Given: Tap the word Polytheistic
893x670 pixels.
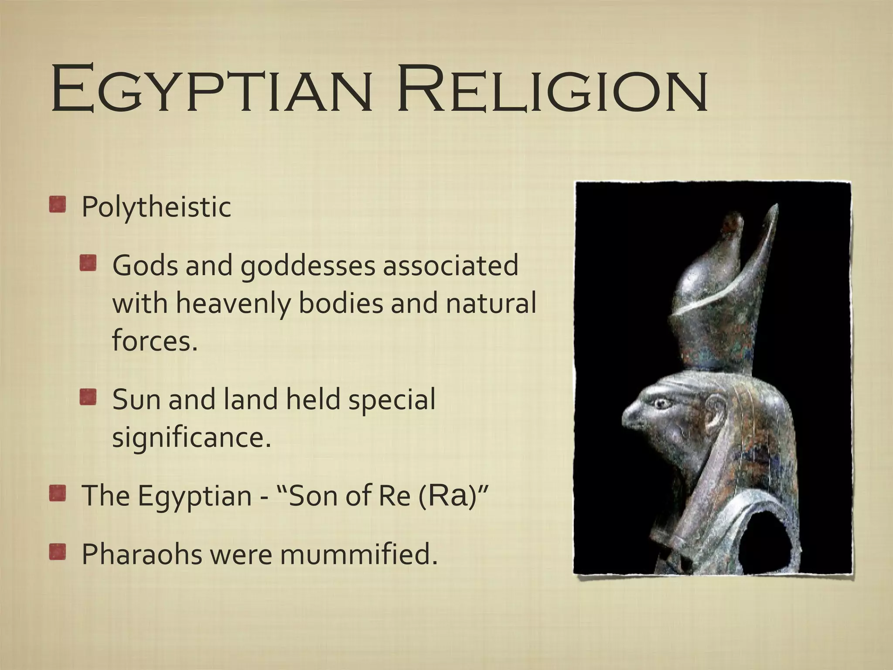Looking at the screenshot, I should (x=156, y=207).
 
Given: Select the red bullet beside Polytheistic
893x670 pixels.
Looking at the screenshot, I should (x=57, y=205).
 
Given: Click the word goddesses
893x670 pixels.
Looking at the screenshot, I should (x=308, y=265).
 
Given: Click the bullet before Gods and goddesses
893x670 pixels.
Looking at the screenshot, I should (x=88, y=263).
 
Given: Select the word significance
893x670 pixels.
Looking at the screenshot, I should (x=191, y=437).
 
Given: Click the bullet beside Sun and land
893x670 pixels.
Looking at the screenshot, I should (x=88, y=398).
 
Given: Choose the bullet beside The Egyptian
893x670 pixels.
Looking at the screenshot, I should (x=57, y=494).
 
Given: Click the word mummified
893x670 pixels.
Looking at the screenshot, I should (x=358, y=554).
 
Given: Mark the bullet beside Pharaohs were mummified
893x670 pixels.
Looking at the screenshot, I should (x=57, y=552).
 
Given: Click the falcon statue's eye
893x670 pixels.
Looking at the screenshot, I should (x=663, y=403).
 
